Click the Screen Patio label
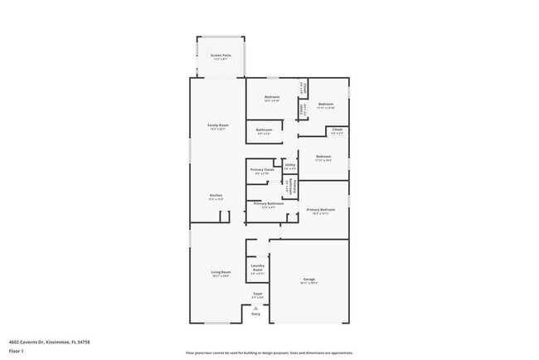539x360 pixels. click(x=221, y=56)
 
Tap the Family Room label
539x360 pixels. click(x=216, y=126)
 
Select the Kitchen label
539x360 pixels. click(x=216, y=197)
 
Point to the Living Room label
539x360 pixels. click(x=220, y=273)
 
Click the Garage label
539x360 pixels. click(x=308, y=280)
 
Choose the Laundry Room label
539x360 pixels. click(x=258, y=269)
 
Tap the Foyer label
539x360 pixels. click(x=258, y=294)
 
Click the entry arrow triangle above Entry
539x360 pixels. click(x=255, y=308)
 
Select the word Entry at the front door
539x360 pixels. click(x=255, y=314)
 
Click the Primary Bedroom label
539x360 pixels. click(x=319, y=211)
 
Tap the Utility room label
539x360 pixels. click(x=290, y=166)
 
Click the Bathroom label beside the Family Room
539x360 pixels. click(x=265, y=130)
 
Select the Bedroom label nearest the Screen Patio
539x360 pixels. click(x=272, y=98)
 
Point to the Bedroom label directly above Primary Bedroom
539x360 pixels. click(x=323, y=158)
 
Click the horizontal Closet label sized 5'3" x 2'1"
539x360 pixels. click(x=337, y=129)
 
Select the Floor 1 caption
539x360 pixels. click(x=17, y=351)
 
